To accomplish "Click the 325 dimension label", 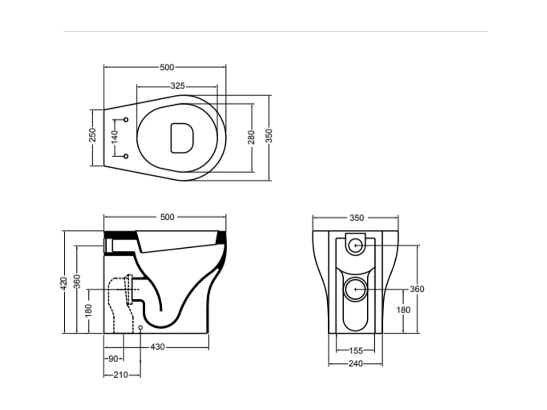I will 177,86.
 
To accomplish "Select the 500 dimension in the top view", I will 167,67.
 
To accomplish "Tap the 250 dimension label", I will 92,135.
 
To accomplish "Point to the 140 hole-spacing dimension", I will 114,137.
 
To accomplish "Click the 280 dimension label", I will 251,137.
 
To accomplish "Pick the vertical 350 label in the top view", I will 269,136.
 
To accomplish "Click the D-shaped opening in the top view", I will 181,137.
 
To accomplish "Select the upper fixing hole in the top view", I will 126,120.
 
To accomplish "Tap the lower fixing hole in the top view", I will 126,156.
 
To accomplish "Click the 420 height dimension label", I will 64,282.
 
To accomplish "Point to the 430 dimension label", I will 158,347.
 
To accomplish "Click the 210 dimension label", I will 120,375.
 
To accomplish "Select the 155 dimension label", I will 355,351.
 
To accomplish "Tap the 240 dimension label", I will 355,364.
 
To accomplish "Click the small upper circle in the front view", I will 355,245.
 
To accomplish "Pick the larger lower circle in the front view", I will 355,289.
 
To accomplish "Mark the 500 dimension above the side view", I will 167,217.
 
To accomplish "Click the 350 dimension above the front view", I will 357,218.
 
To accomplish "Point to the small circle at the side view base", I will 140,327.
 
